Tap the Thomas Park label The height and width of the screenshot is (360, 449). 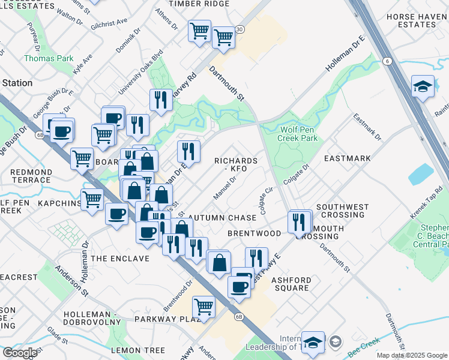click(x=48, y=59)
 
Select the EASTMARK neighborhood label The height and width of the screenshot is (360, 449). click(x=347, y=158)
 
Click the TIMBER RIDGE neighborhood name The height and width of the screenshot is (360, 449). click(x=199, y=4)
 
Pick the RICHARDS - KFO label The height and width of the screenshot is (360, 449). click(x=236, y=165)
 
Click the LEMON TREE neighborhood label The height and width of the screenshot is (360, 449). click(x=137, y=350)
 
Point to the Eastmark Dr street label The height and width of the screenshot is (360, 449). click(x=367, y=127)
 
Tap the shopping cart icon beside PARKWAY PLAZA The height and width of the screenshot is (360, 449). click(x=203, y=306)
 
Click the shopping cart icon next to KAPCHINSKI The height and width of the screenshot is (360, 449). click(x=92, y=198)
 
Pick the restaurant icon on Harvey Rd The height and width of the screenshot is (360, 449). click(x=160, y=99)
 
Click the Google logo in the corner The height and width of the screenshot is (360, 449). click(x=19, y=353)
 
